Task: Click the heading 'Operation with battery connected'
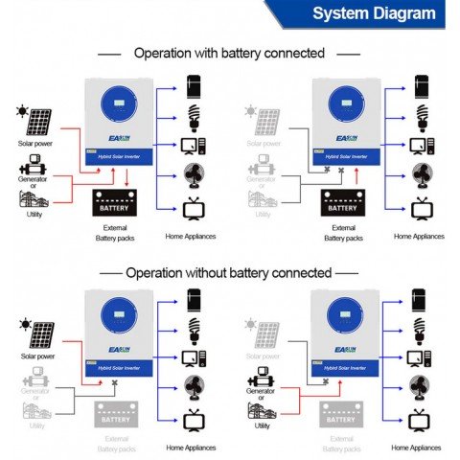point(229,53)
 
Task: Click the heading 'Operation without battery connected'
point(229,272)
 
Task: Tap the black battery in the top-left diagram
point(114,203)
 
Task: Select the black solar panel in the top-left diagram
point(38,123)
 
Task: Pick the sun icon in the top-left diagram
point(21,111)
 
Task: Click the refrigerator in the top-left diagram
point(195,84)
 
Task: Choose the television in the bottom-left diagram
point(195,419)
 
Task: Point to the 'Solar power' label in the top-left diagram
point(33,144)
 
